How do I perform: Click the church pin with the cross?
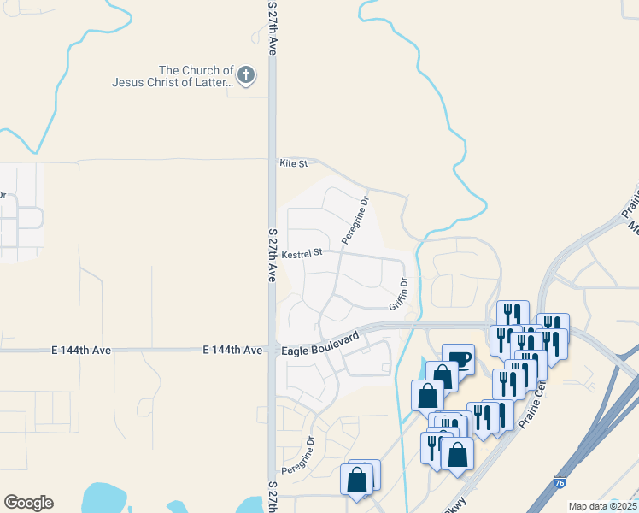245,75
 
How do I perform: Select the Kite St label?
293,162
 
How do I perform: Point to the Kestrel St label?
302,253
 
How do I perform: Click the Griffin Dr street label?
399,294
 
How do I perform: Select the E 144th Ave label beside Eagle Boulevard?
232,351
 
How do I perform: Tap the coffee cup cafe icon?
459,358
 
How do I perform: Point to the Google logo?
28,503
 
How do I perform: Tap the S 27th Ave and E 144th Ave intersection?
273,351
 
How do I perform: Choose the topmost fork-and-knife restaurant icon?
512,314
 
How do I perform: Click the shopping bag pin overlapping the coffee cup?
443,376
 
